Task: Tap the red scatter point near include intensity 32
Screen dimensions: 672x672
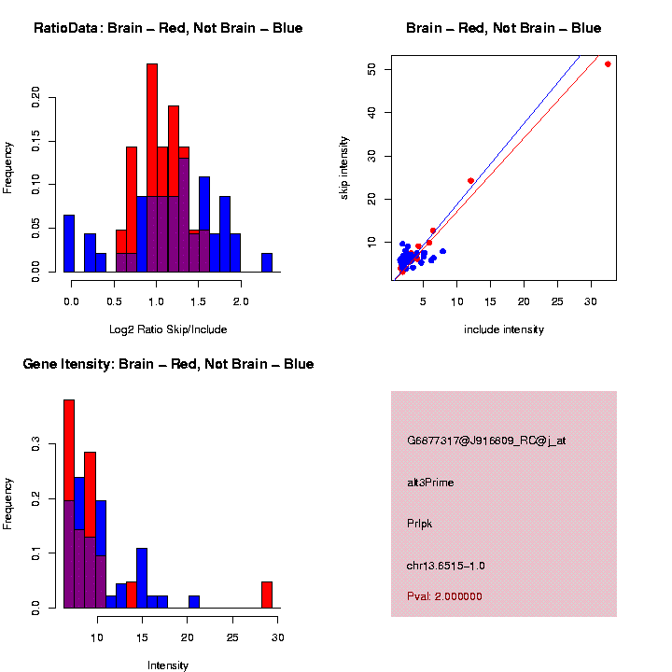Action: [608, 64]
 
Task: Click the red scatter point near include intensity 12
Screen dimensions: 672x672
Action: [470, 180]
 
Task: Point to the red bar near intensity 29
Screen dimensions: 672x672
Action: [267, 595]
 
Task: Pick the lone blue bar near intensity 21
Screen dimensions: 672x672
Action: [194, 602]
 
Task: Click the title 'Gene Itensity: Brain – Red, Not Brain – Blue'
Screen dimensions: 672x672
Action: [168, 364]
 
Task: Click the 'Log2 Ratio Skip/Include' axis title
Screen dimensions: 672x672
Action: [167, 329]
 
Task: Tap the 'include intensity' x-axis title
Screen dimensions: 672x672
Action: [504, 329]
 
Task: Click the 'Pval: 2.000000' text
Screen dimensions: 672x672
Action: [445, 596]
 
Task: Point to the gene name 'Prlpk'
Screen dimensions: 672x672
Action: [419, 524]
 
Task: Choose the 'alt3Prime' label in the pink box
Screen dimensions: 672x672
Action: [430, 483]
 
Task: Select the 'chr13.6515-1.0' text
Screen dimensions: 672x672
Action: [446, 566]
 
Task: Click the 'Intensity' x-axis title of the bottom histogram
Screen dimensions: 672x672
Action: [168, 665]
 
